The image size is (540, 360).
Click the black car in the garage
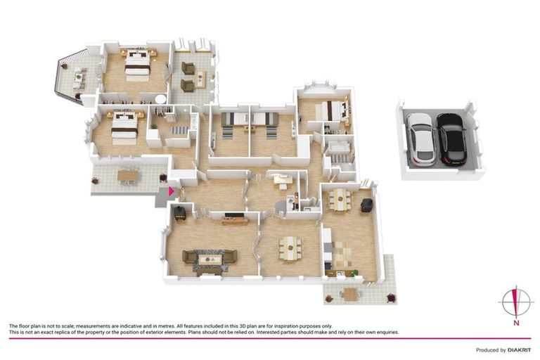pyautogui.click(x=451, y=139)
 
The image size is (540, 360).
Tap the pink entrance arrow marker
pyautogui.click(x=171, y=191)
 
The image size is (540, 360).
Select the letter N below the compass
pyautogui.click(x=515, y=323)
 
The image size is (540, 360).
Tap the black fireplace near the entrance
pyautogui.click(x=180, y=213)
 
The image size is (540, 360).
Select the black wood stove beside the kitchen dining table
pyautogui.click(x=366, y=205)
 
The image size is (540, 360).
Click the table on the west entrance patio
pyautogui.click(x=127, y=175)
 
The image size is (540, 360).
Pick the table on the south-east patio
pyautogui.click(x=350, y=295)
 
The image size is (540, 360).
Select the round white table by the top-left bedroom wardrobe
pyautogui.click(x=161, y=99)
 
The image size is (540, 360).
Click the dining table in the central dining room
pyautogui.click(x=289, y=247)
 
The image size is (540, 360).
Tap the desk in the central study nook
pyautogui.click(x=283, y=179)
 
